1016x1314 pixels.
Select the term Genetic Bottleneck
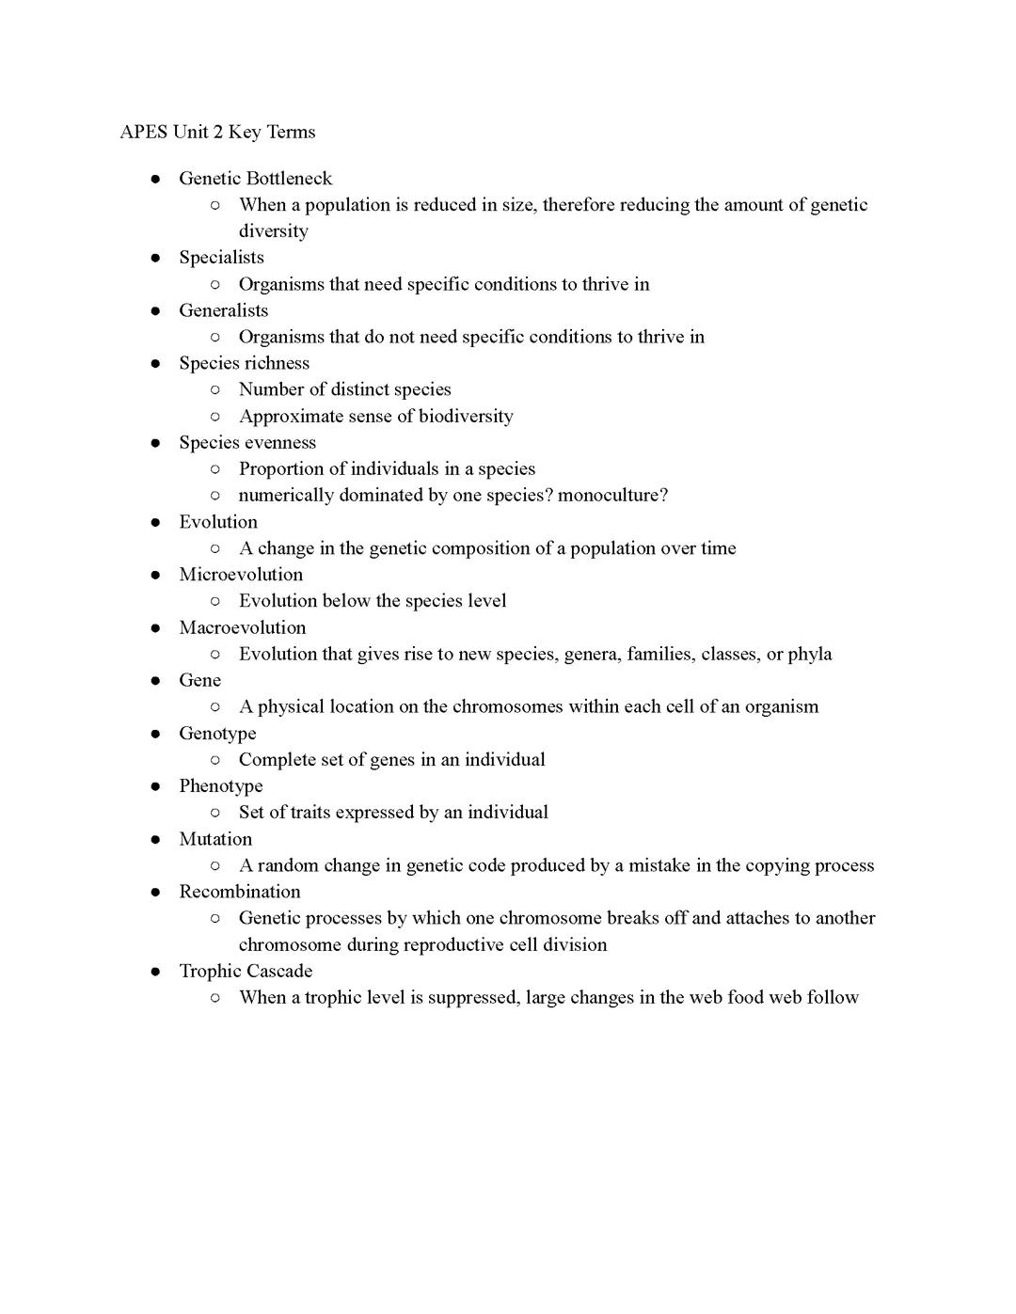point(255,178)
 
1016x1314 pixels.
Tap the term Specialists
point(221,257)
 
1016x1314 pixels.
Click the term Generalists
point(223,310)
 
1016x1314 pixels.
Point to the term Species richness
point(244,363)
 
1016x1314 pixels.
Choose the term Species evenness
point(247,442)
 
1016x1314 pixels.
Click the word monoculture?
point(612,495)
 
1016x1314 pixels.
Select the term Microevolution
point(241,574)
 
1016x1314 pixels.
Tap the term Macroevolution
point(242,627)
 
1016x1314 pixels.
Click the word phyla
point(809,654)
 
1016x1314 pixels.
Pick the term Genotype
point(217,733)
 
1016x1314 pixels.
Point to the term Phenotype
point(221,785)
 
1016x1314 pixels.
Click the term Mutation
point(215,839)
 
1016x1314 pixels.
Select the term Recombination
point(240,892)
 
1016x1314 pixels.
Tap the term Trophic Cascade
point(246,971)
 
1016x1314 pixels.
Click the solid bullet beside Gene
point(155,681)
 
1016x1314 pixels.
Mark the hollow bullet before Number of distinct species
point(215,389)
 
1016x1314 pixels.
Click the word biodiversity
point(466,416)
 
